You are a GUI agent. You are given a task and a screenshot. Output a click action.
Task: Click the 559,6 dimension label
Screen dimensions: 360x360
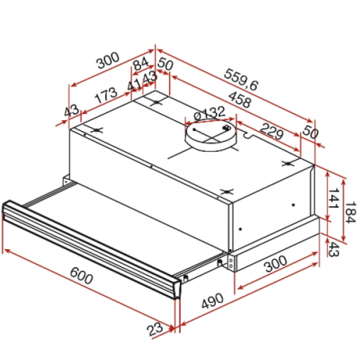click(x=241, y=80)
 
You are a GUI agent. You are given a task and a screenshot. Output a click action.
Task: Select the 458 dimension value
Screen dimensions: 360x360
click(x=240, y=99)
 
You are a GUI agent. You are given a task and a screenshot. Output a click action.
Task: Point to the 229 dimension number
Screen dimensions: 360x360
click(x=271, y=131)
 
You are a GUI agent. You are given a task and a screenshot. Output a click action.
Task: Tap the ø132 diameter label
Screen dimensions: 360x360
click(x=210, y=113)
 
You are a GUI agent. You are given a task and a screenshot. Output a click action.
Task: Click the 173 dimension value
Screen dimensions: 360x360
click(x=106, y=95)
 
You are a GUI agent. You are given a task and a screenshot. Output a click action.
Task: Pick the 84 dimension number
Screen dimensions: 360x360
click(x=140, y=64)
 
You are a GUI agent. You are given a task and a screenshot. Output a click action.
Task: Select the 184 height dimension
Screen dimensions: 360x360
click(x=351, y=212)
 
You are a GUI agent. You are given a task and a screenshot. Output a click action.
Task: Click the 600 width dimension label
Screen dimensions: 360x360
click(x=81, y=276)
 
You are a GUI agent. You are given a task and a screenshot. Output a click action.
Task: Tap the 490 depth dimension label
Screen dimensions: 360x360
click(x=212, y=301)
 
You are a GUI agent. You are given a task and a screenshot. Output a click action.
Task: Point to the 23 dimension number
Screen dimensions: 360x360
click(x=155, y=329)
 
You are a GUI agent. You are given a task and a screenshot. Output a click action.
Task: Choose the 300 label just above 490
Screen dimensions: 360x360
click(x=275, y=264)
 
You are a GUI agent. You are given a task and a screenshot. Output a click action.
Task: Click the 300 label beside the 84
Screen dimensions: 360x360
click(x=107, y=60)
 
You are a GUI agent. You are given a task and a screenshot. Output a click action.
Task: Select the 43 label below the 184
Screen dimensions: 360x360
click(x=333, y=249)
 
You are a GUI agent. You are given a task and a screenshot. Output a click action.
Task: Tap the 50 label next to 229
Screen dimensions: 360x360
click(x=310, y=132)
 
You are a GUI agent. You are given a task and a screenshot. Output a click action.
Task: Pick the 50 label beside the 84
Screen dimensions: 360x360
click(x=166, y=64)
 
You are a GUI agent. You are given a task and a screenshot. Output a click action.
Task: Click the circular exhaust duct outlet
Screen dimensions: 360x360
click(x=210, y=135)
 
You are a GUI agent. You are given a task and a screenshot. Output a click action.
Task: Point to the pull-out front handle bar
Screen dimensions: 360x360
click(x=91, y=250)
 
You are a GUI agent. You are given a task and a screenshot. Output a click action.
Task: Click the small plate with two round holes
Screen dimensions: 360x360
click(x=230, y=263)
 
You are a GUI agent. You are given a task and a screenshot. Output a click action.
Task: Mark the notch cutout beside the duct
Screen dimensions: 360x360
click(x=248, y=135)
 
